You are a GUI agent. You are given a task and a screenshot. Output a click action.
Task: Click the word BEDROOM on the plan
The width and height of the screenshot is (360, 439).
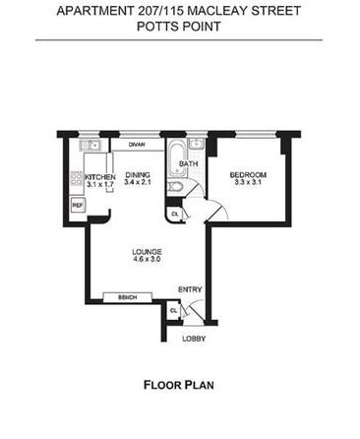[x=248, y=175]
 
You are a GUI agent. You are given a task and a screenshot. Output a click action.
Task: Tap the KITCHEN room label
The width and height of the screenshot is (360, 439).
[x=100, y=177]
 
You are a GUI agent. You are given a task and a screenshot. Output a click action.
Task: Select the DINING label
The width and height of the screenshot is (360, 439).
[x=138, y=175]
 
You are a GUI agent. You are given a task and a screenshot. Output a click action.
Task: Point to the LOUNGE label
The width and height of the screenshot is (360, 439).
[x=147, y=252]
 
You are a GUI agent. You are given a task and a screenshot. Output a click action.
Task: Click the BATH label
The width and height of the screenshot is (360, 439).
[x=189, y=163]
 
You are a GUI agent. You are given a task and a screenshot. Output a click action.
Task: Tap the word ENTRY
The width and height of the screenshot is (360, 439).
[x=190, y=289]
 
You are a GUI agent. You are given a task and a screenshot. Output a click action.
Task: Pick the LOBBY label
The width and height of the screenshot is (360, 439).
[x=194, y=339]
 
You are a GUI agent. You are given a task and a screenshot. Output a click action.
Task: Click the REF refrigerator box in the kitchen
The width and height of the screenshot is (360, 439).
[x=78, y=205]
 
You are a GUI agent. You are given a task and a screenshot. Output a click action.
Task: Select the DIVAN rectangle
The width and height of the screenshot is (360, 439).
[x=137, y=145]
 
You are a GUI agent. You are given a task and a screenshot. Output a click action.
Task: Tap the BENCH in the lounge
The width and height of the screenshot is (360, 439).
[x=128, y=297]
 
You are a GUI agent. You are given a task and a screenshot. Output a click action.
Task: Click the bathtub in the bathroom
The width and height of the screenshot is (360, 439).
[x=177, y=158]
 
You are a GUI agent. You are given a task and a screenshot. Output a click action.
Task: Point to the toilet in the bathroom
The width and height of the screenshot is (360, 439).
[x=175, y=187]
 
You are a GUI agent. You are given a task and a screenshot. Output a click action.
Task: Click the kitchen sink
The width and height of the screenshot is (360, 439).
[x=90, y=145]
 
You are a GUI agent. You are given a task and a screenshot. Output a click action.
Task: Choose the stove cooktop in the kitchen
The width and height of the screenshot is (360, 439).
[x=78, y=179]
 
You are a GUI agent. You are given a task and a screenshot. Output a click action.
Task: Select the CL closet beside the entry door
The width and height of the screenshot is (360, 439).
[x=173, y=310]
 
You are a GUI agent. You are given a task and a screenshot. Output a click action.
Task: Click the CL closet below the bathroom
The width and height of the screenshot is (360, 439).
[x=174, y=215]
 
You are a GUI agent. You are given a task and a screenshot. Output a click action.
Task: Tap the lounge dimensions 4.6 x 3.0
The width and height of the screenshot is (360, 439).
[x=147, y=259]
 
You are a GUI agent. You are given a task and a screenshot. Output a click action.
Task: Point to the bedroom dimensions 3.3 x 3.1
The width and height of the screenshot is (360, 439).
[x=248, y=182]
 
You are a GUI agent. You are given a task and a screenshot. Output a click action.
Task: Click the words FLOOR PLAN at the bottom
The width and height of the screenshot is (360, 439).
[x=179, y=385]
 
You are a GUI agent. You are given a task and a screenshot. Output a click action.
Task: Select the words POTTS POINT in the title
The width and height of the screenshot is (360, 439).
[x=179, y=27]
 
